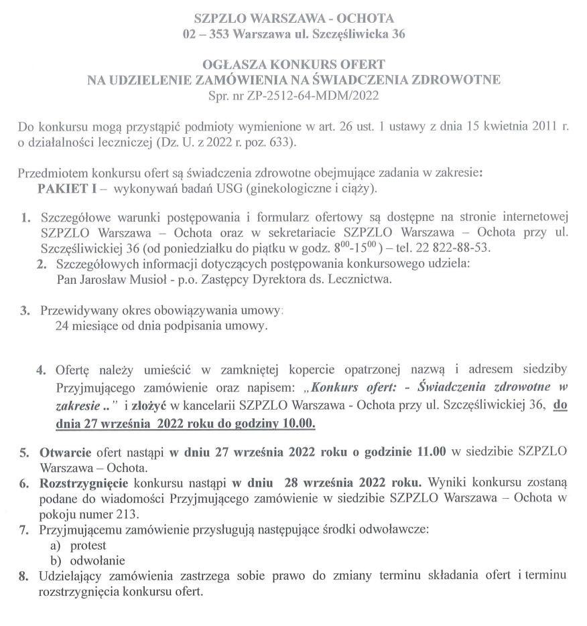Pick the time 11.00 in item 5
tap(426, 451)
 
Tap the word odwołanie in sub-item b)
tap(97, 560)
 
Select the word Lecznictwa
tap(360, 279)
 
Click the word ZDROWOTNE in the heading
tap(454, 80)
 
